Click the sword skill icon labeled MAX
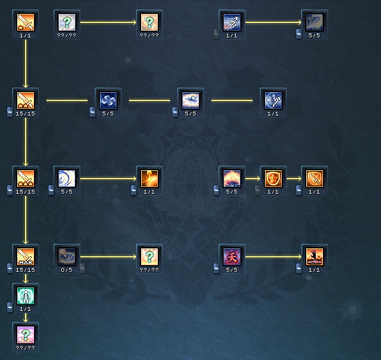(26, 257)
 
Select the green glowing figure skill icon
(26, 296)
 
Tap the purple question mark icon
(26, 335)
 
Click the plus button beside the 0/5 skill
(83, 268)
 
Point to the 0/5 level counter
(67, 270)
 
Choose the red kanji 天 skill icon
(232, 257)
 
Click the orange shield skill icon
(273, 179)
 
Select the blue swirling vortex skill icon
(108, 100)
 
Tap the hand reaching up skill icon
(315, 257)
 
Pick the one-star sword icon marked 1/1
(26, 22)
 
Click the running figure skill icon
(232, 22)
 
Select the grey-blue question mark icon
(67, 22)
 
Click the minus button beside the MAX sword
(10, 268)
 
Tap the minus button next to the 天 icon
(216, 268)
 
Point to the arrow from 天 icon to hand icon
(273, 257)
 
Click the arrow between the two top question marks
(108, 22)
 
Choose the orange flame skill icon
(149, 179)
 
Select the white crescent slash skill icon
(67, 179)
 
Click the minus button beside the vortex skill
(93, 112)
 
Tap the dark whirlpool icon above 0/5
(67, 257)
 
